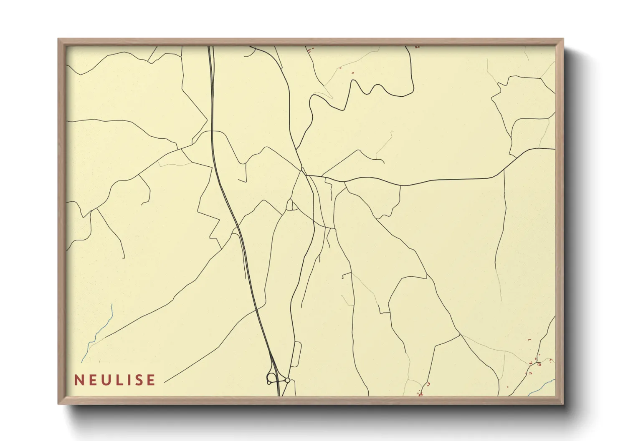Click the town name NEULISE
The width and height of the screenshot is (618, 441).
(x=115, y=380)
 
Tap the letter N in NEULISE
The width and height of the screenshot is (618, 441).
(x=78, y=380)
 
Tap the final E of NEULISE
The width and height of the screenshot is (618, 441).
(x=151, y=380)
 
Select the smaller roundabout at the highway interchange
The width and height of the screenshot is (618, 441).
(x=288, y=380)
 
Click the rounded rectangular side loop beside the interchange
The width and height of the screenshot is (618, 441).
(x=296, y=354)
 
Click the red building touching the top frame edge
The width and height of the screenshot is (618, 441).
(x=417, y=47)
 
